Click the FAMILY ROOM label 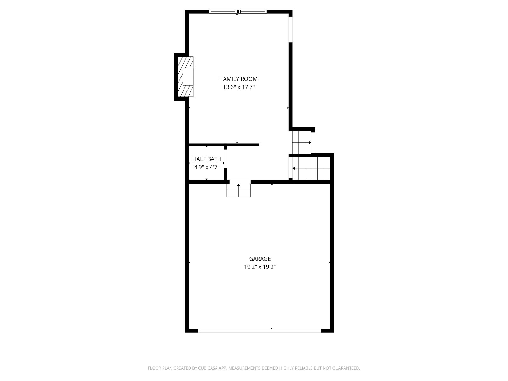point(239,79)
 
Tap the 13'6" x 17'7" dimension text point(239,87)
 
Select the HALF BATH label point(207,159)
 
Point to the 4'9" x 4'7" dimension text point(207,167)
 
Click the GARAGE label point(260,259)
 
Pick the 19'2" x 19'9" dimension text point(260,267)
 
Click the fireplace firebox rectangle point(188,77)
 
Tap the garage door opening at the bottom point(260,331)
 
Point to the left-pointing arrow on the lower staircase point(311,168)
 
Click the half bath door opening point(225,158)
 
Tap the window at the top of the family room point(238,11)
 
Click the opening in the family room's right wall point(291,30)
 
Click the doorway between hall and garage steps point(240,182)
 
